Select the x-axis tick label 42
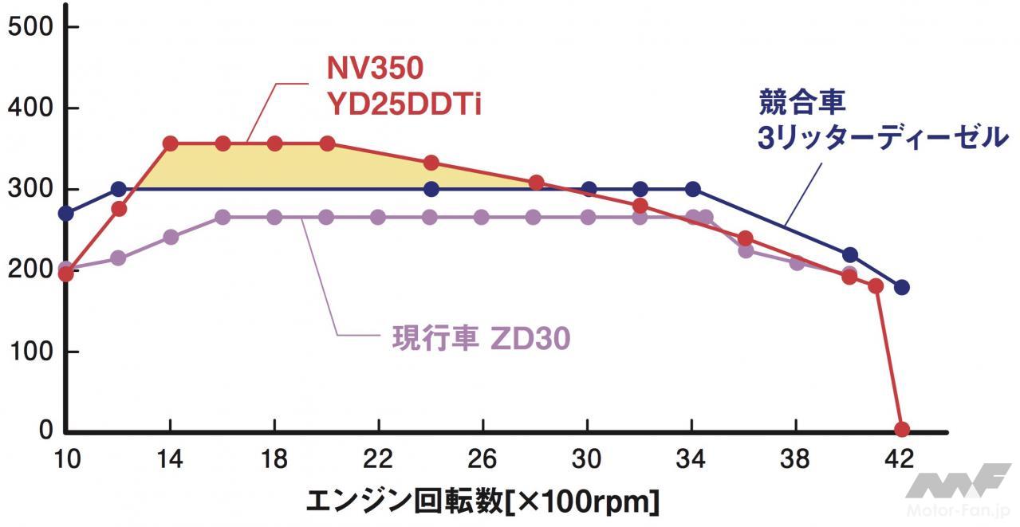[x=900, y=459]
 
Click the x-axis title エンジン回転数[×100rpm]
[x=482, y=502]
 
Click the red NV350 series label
[x=375, y=69]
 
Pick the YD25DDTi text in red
[x=404, y=104]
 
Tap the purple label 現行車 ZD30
[x=481, y=339]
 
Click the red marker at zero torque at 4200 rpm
[x=902, y=430]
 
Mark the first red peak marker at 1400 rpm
[x=170, y=144]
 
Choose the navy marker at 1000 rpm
[x=66, y=214]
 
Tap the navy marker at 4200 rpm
[x=902, y=287]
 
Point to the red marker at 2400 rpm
[x=431, y=163]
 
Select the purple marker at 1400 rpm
[x=170, y=237]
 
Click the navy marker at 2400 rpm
[x=431, y=189]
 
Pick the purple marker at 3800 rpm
[x=797, y=262]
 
